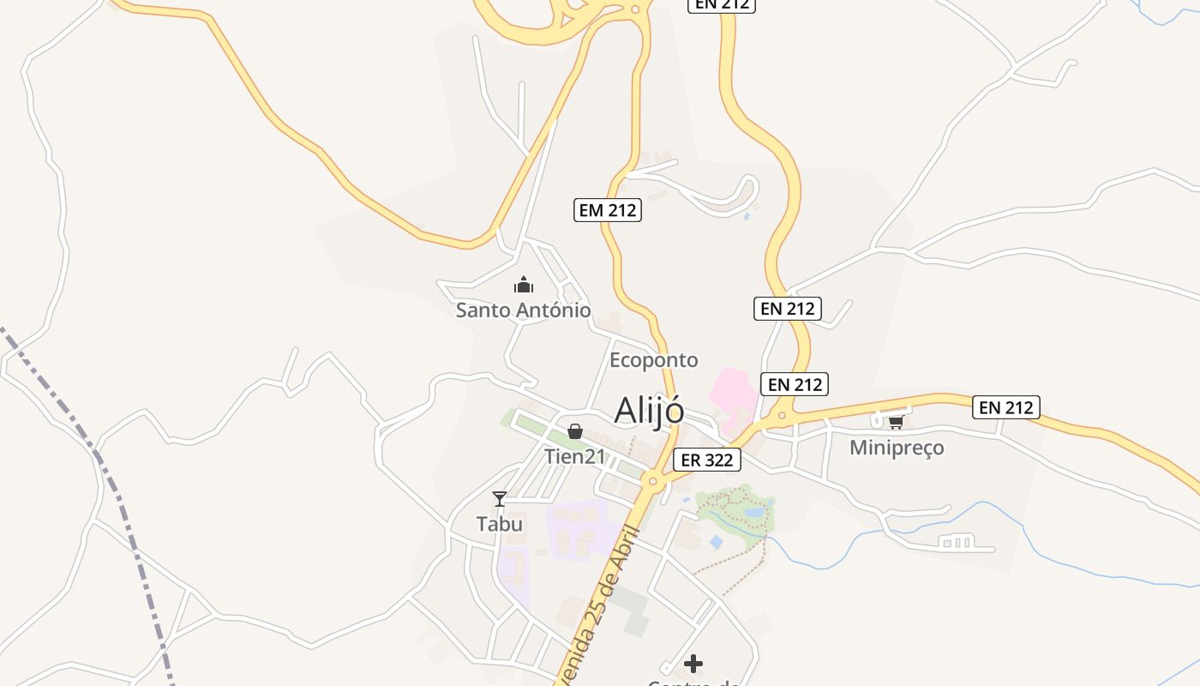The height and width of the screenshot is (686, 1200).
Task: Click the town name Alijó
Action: (649, 411)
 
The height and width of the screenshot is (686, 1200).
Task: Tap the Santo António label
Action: (523, 310)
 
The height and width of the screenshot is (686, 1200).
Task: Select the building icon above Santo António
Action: (523, 285)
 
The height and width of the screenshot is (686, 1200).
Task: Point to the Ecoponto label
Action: (653, 360)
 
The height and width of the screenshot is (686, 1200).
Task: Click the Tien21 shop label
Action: (574, 456)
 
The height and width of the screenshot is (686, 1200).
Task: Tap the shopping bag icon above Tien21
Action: (574, 431)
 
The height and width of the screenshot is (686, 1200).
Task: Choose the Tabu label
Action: (499, 524)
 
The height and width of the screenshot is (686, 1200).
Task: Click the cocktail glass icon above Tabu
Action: (499, 499)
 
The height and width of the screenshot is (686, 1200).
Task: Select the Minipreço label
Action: (896, 448)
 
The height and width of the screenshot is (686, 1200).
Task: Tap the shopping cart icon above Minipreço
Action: (896, 422)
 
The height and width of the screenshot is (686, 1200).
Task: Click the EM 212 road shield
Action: (607, 209)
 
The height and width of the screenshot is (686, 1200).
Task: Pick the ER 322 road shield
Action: (706, 460)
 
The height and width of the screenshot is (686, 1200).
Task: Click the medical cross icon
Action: (693, 664)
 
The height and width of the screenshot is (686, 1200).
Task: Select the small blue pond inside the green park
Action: (753, 513)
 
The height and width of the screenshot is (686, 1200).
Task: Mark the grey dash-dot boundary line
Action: (111, 480)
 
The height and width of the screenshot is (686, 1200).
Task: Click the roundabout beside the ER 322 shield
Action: (653, 481)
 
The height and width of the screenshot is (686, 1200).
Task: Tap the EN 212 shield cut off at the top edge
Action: (721, 5)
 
